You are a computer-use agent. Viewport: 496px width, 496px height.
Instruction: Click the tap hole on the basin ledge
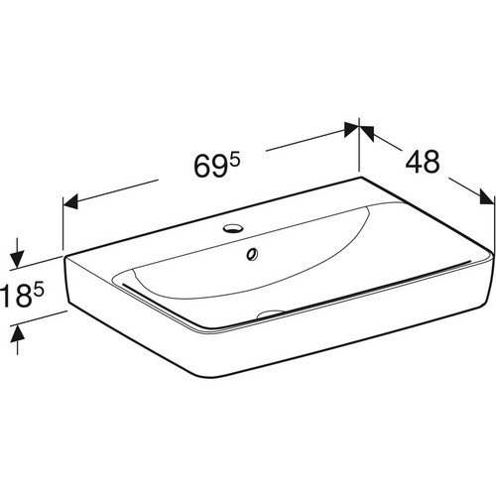[x=233, y=228]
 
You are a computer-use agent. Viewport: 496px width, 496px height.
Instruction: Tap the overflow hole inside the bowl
[x=252, y=253]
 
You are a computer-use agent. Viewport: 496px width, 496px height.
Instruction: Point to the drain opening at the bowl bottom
[x=271, y=313]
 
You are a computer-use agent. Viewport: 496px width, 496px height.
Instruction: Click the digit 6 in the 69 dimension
[x=202, y=167]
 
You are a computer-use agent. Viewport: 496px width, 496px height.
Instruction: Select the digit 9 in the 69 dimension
[x=221, y=167]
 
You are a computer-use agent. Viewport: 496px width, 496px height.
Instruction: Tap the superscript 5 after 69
[x=235, y=161]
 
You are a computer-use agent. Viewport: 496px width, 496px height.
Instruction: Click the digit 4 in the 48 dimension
[x=415, y=161]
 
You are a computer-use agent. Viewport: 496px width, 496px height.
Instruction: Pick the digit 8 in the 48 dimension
[x=432, y=161]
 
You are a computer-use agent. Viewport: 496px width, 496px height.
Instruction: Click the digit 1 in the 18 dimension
[x=5, y=297]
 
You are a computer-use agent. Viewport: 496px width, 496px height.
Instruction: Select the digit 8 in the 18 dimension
[x=22, y=297]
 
